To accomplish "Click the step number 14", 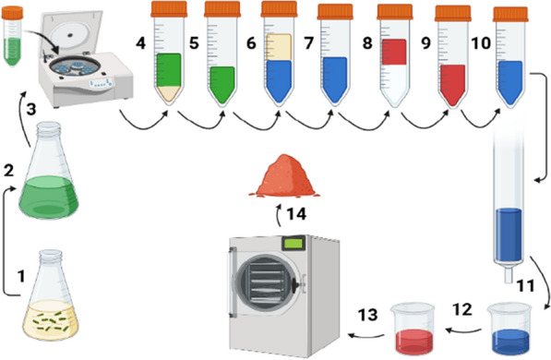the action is coord(296,214).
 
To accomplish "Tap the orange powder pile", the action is coord(284,176).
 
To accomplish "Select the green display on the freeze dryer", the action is coord(293,244).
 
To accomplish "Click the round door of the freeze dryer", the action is coord(266,282).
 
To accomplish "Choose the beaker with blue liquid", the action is coord(509,328).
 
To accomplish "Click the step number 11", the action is coord(526,285).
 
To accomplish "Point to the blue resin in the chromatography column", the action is coord(509,234).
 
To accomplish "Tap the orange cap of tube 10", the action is coord(510,14).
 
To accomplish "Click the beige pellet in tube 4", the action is coord(169,93).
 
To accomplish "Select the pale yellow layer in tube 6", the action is coord(279,47).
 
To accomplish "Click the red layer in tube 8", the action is coord(394,52).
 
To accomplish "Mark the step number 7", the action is coord(308,42).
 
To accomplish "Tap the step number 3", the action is coord(31,109).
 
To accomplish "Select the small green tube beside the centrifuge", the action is coord(12,36).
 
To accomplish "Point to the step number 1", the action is coord(21,276).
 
